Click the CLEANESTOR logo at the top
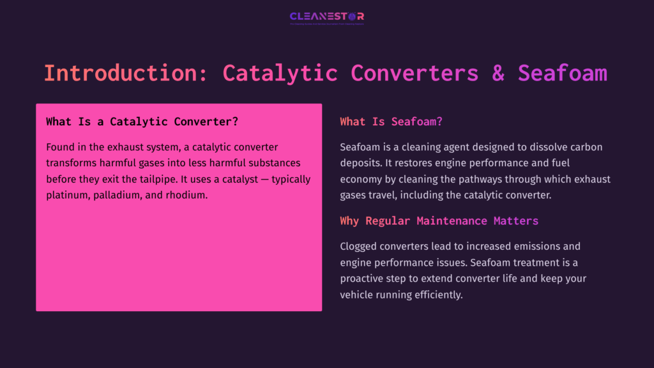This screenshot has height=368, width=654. click(x=326, y=17)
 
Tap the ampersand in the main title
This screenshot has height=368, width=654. click(x=498, y=73)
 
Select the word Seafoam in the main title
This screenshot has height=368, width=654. click(x=562, y=73)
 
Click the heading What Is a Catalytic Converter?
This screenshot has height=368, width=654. click(x=142, y=121)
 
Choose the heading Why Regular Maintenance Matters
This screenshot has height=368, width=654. click(x=439, y=220)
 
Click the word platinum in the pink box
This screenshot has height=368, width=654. click(x=66, y=195)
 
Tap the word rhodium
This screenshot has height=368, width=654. click(x=187, y=195)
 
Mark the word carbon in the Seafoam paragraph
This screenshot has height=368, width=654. click(x=585, y=147)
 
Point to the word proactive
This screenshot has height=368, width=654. click(x=364, y=279)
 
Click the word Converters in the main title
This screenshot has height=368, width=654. click(x=414, y=73)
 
